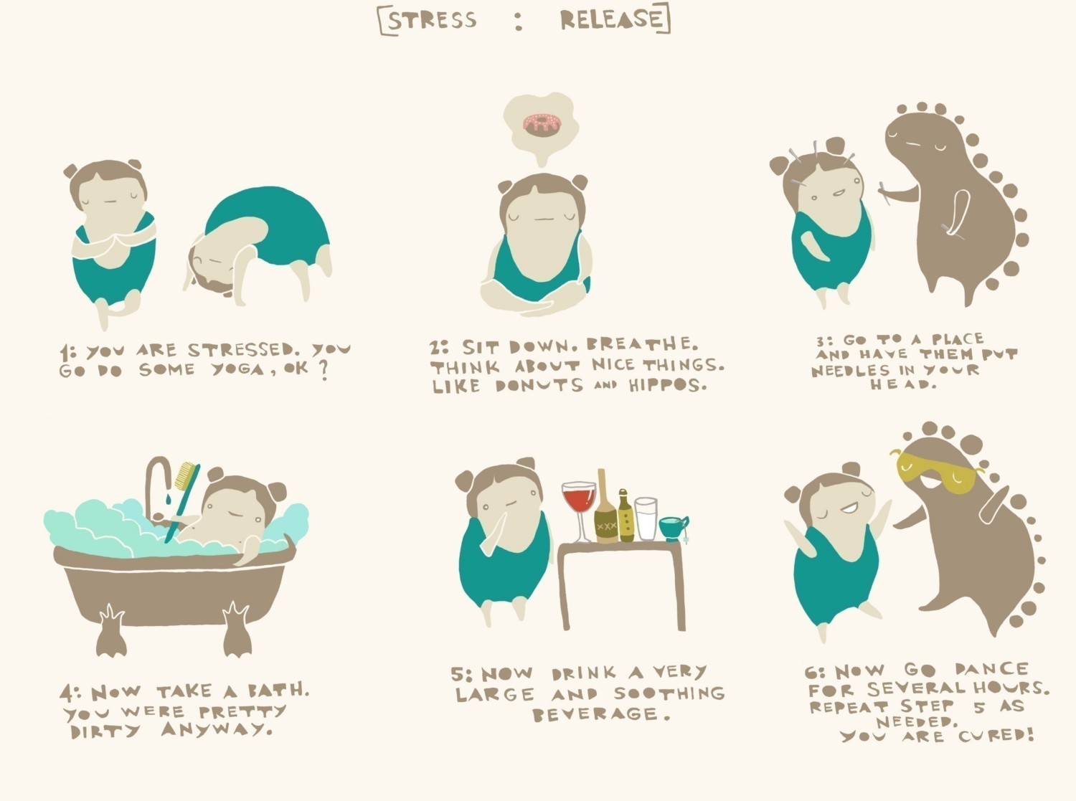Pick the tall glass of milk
tap(646, 518)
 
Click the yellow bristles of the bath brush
tap(186, 475)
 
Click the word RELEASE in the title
tap(610, 19)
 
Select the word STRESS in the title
tap(432, 20)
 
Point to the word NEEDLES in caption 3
tap(851, 371)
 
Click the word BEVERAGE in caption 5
tap(595, 714)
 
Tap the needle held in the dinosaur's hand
tap(885, 193)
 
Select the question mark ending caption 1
tap(324, 371)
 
